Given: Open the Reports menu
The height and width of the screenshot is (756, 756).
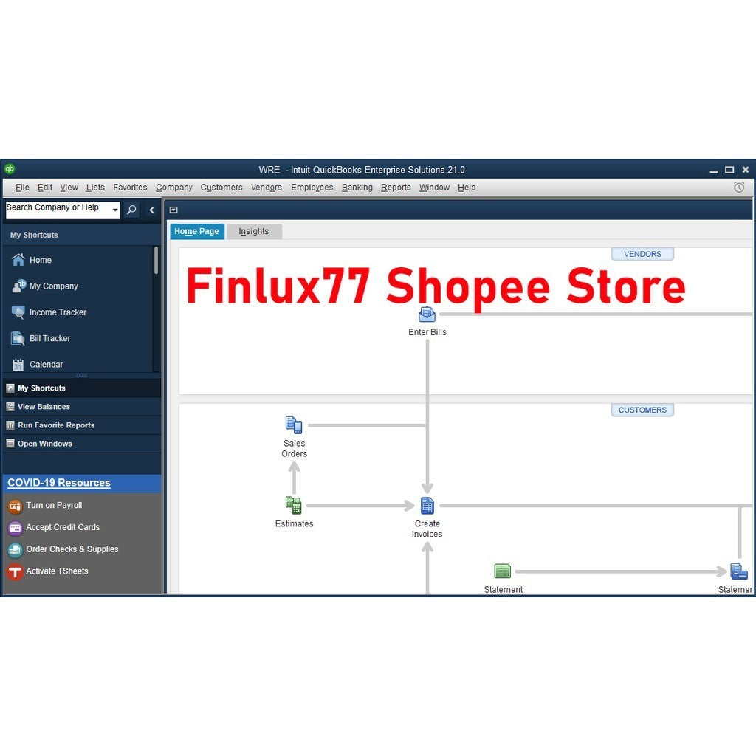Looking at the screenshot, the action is tap(396, 187).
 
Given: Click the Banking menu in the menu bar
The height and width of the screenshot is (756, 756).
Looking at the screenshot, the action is tap(357, 187).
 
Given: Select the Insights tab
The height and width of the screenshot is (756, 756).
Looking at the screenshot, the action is tap(254, 231).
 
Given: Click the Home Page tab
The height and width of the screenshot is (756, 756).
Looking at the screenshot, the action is tap(196, 231).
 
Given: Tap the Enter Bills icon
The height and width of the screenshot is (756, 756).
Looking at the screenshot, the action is tap(427, 315).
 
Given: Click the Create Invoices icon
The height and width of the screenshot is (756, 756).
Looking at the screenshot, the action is tap(427, 506).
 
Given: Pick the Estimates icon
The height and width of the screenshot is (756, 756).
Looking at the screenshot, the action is tap(294, 505).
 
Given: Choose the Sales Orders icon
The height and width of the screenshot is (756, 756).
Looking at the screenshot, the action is tap(294, 425).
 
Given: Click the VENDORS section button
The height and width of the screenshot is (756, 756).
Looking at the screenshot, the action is tap(642, 254).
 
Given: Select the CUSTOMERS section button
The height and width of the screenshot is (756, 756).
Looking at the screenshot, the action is tap(642, 410).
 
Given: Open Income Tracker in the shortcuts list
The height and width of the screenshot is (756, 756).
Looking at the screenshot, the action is tap(58, 312).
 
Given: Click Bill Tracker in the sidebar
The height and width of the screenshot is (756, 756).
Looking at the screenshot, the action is tap(49, 338).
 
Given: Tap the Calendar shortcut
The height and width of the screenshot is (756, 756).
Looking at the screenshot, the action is tap(46, 365).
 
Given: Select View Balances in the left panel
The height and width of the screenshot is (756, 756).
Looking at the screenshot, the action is tap(44, 407).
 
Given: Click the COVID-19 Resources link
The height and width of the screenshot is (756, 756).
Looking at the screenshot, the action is tap(59, 483).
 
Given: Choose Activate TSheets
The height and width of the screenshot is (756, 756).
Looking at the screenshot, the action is tap(57, 571).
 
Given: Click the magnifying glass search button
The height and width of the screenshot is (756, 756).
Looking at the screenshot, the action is tap(131, 210).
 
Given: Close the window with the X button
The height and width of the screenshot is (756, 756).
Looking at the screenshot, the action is tap(746, 170).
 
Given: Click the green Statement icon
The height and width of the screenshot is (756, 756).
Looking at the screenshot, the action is tap(502, 571).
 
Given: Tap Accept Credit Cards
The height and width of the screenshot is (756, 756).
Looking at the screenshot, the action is tap(63, 527).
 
